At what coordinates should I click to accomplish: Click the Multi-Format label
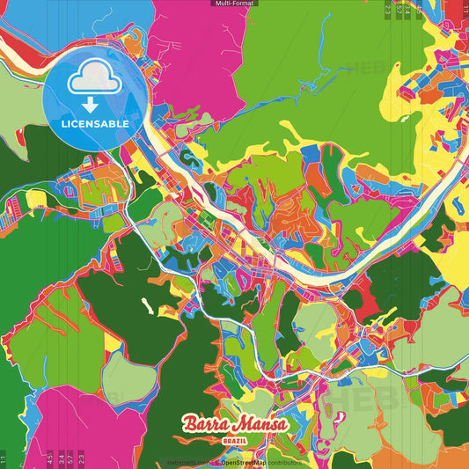(234, 4)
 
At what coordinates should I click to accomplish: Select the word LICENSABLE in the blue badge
(95, 124)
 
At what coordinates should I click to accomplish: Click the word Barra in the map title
(204, 425)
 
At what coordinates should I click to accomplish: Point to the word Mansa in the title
(260, 425)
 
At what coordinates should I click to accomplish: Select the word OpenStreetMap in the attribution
(245, 461)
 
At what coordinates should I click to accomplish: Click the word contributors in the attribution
(284, 461)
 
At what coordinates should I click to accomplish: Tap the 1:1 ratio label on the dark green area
(4, 458)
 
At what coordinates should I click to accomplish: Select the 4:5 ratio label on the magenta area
(50, 458)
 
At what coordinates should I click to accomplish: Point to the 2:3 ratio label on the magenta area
(82, 458)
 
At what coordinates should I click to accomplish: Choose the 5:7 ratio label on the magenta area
(71, 458)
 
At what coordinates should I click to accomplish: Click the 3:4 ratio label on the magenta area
(61, 458)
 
